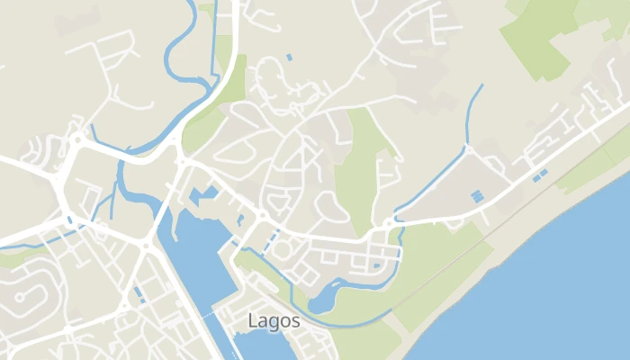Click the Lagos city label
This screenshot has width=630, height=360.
coord(274,320)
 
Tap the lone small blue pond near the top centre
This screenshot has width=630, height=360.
coord(289,57)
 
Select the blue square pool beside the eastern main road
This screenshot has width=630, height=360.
coord(476,195)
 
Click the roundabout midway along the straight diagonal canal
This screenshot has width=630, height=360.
coord(467,148)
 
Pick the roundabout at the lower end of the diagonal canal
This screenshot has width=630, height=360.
coord(388,222)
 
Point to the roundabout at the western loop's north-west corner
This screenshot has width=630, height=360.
coord(77,139)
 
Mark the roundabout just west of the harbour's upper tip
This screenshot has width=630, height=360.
coord(145,245)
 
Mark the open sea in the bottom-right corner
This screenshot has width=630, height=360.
coord(558,297)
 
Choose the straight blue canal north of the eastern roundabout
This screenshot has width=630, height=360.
coord(475,112)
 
